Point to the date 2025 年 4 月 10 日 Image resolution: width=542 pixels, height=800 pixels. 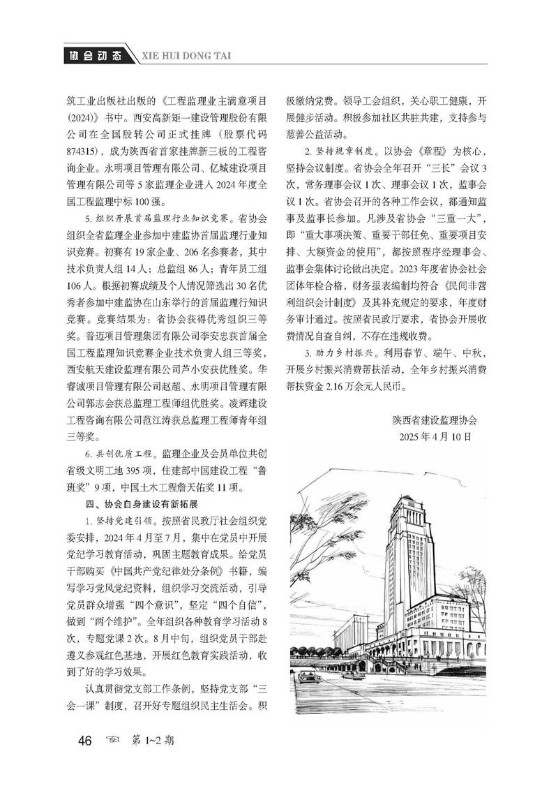[436, 436]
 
